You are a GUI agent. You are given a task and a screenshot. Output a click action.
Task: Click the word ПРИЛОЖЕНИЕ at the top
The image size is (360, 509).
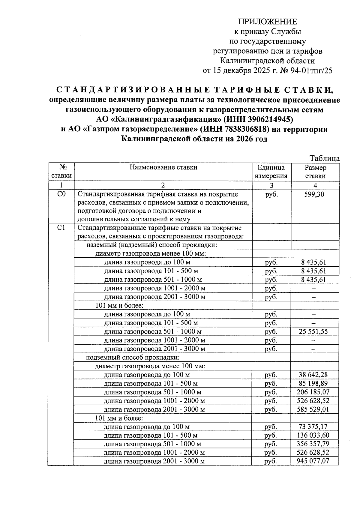point(267,22)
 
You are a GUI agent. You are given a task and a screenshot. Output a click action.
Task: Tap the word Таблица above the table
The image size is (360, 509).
point(325,158)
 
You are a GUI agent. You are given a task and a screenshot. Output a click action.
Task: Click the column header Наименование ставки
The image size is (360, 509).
point(163,167)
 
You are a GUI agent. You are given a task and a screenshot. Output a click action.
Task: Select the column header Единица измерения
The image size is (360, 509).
point(271,172)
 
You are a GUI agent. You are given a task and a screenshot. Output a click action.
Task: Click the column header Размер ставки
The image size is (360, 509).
point(315,172)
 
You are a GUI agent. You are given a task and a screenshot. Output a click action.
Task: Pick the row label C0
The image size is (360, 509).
point(61,194)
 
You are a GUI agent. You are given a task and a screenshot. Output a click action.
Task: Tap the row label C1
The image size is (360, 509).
point(61,228)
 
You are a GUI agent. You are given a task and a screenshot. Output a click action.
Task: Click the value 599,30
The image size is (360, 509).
point(314,194)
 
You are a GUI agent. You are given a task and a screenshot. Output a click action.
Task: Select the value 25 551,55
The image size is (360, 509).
point(313,331)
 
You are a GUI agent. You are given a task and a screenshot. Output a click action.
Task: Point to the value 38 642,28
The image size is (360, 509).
point(313,375)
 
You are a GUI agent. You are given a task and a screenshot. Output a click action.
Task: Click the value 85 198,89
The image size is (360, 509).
point(313,383)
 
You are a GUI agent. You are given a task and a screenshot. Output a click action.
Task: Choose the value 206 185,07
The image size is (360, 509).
point(313,392)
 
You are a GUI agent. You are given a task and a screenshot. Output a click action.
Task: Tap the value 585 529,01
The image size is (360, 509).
point(313,409)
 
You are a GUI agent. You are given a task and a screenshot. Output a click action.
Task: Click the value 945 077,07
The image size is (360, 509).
point(313,461)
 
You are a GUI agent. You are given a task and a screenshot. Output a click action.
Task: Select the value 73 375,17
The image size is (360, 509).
point(313,427)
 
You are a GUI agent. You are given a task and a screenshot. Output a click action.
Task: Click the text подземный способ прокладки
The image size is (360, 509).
point(133,358)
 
